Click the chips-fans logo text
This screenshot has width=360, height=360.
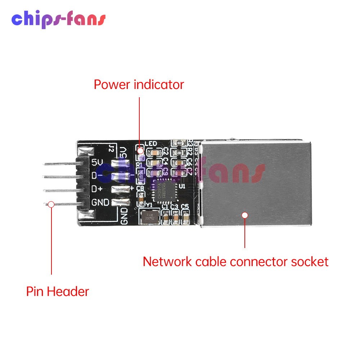pos(58,20)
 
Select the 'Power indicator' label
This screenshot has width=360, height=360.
pos(139,85)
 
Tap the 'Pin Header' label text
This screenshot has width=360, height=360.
pos(58,291)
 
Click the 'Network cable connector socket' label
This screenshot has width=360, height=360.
pos(235,262)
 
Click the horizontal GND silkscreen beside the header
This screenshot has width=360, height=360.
pos(100,203)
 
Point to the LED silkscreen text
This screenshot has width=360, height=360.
pos(150,144)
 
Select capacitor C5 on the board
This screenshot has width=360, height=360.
pos(186,217)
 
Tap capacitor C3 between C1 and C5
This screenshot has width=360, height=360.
pos(176,217)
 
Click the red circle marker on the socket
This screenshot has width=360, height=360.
pos(245,215)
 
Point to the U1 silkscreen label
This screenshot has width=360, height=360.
pos(182,186)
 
